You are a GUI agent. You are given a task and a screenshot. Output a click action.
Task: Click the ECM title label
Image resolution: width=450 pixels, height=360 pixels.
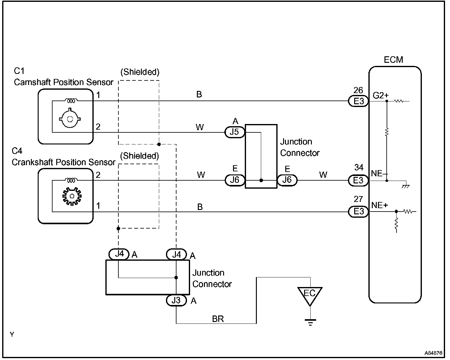[393, 60]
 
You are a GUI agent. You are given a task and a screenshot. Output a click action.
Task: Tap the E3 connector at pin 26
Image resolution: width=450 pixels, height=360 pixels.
[358, 101]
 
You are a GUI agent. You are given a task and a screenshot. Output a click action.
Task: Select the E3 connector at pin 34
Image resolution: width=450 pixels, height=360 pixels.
[358, 180]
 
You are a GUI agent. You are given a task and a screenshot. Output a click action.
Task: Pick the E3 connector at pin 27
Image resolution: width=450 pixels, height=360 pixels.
[358, 212]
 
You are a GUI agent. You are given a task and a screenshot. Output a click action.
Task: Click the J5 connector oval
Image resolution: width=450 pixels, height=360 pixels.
[235, 132]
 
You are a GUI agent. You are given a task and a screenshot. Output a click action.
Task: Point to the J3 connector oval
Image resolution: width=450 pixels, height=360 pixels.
[176, 300]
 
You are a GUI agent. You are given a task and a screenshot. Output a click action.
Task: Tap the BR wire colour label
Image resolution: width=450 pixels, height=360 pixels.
[218, 319]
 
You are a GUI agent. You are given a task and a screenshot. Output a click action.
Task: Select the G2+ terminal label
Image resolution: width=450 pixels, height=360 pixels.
[380, 96]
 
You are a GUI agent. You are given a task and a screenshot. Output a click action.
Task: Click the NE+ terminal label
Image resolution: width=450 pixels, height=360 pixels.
[380, 205]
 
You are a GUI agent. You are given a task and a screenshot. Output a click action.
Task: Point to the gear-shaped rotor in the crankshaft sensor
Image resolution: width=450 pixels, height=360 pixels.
[72, 196]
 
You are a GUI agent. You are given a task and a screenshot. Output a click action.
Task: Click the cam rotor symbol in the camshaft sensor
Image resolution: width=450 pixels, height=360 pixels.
[70, 118]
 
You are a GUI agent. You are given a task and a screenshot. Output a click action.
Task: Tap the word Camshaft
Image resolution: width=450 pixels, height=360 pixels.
[32, 82]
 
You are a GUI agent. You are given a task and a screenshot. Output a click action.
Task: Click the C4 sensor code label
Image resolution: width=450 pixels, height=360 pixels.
[17, 151]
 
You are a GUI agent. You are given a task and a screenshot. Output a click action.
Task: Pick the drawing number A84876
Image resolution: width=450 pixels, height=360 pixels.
[433, 353]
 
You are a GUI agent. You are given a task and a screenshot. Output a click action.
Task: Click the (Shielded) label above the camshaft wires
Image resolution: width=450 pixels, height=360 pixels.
[140, 72]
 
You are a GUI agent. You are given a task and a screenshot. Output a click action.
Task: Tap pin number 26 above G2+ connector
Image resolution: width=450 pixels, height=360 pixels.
[358, 90]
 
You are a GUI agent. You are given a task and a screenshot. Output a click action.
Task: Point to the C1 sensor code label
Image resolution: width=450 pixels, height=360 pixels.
[19, 71]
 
